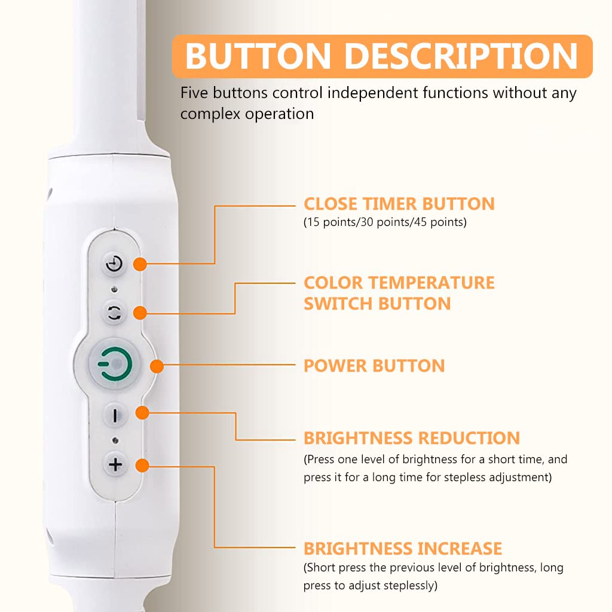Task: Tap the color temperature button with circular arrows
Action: (x=114, y=313)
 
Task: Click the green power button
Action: (x=114, y=364)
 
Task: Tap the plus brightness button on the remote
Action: (x=115, y=464)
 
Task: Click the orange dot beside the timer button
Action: (x=140, y=264)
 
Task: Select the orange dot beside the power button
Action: (x=157, y=366)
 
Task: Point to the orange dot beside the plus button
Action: (x=142, y=465)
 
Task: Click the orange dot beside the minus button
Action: (x=142, y=412)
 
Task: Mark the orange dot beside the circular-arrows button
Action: (x=140, y=313)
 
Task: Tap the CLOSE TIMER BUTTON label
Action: (x=399, y=204)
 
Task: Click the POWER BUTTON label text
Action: (x=374, y=366)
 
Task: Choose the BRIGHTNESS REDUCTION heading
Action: (x=412, y=438)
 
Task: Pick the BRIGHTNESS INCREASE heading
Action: (x=403, y=549)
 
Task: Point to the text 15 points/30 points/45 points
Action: (x=385, y=222)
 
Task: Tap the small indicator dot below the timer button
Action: (x=114, y=289)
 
